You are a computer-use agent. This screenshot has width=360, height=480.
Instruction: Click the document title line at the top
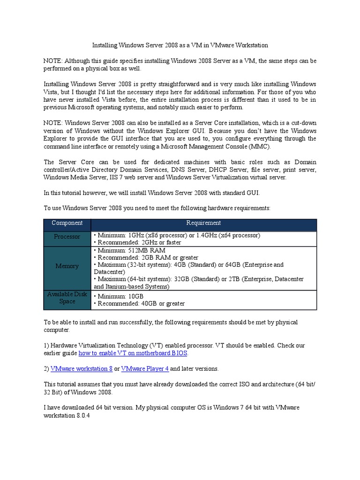tap(180, 45)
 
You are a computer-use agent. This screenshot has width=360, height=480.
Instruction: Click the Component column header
tap(67, 223)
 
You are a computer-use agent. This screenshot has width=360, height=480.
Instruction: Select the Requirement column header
tap(203, 223)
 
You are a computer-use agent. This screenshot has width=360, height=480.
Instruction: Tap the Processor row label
tap(67, 237)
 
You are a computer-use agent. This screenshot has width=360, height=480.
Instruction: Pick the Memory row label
tap(67, 266)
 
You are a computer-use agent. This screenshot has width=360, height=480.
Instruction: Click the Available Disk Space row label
tap(67, 298)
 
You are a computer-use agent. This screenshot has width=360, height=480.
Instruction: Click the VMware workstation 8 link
tap(81, 368)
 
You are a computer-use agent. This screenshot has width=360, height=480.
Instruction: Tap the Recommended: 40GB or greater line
tap(139, 304)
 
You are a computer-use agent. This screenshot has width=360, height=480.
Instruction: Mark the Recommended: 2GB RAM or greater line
tap(146, 258)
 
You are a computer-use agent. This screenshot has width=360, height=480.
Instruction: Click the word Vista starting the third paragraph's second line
tap(52, 92)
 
